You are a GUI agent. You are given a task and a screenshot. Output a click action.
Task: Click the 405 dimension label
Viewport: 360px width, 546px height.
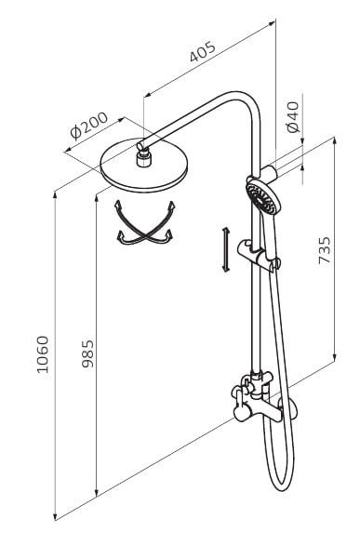click(203, 52)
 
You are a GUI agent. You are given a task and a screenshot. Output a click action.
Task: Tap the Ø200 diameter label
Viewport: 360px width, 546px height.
click(89, 126)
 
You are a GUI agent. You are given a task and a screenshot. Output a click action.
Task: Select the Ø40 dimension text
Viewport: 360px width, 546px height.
click(293, 117)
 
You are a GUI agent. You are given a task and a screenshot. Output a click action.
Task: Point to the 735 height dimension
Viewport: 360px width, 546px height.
click(325, 250)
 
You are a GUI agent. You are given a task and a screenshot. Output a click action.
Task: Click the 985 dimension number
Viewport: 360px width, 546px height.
click(87, 353)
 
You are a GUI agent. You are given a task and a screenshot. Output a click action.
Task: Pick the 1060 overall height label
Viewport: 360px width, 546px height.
click(43, 354)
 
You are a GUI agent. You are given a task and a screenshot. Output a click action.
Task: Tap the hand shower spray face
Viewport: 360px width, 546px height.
click(260, 198)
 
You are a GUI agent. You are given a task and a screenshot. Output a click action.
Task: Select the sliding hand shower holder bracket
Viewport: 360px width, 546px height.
click(259, 255)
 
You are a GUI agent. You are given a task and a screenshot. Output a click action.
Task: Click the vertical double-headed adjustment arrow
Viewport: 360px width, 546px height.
click(226, 249)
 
